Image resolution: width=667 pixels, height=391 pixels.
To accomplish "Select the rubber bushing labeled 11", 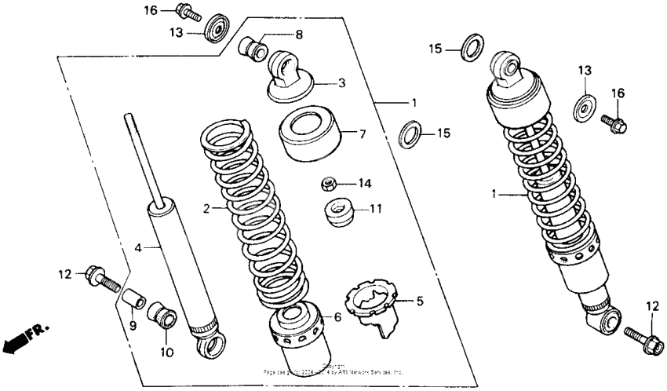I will tap(338, 213).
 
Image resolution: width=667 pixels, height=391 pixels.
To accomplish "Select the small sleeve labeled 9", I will tap(133, 301).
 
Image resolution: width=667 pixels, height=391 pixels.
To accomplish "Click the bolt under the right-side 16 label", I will tap(613, 122).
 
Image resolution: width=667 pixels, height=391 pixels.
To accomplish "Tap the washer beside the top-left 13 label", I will tap(215, 32).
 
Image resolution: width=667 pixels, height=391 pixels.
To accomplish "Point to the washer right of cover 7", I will tap(410, 134).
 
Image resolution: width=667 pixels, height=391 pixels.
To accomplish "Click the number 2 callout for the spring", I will tap(206, 209).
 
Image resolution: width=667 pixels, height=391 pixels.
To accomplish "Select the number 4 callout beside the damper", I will tap(138, 247).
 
